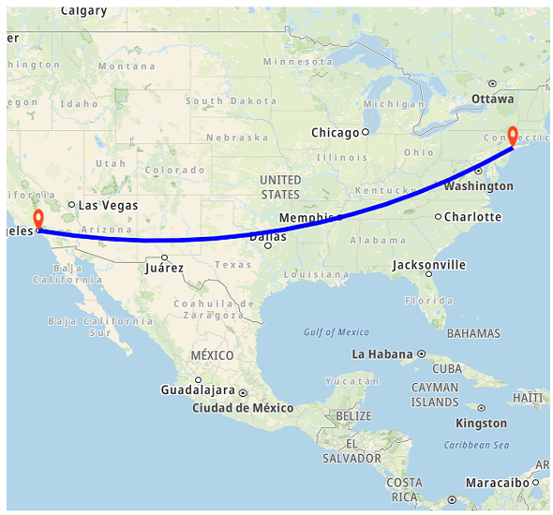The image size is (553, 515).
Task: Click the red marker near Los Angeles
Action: click(37, 220)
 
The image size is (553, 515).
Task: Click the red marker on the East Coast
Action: click(513, 134)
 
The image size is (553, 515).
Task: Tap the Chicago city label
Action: click(336, 133)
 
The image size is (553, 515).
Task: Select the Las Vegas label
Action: click(108, 205)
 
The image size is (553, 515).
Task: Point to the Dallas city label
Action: click(268, 237)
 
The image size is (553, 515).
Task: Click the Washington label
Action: click(478, 186)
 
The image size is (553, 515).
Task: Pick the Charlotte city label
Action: click(472, 217)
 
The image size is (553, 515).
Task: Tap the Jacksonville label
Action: click(428, 265)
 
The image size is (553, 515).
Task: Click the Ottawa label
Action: click(492, 98)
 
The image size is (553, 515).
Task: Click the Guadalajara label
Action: click(197, 390)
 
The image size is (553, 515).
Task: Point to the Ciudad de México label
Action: click(243, 408)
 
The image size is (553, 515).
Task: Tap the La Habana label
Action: click(382, 354)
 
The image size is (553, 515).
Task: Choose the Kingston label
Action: click(481, 423)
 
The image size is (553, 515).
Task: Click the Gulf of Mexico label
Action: click(336, 332)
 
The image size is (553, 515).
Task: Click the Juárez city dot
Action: click(164, 257)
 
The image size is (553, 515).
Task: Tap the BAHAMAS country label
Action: click(473, 333)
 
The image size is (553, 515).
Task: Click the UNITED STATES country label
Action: click(280, 186)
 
